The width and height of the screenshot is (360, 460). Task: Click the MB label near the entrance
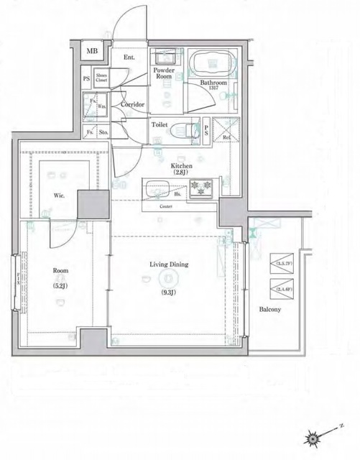(92, 52)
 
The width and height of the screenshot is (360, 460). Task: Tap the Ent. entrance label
(129, 57)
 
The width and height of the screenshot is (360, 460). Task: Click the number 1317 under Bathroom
(214, 88)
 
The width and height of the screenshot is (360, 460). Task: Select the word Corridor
(133, 105)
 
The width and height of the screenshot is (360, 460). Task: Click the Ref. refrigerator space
(226, 137)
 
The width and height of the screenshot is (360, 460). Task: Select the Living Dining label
(169, 264)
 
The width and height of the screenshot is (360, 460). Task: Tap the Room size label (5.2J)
(60, 284)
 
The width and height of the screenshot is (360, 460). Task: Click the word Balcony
(270, 310)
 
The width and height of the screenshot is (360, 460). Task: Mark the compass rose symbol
(313, 437)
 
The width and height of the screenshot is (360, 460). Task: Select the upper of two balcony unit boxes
(282, 263)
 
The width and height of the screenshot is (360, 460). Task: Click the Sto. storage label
(103, 132)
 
